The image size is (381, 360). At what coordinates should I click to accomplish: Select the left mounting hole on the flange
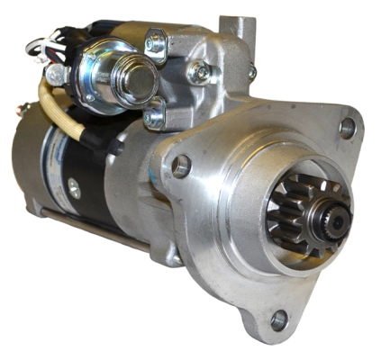pyautogui.click(x=181, y=166)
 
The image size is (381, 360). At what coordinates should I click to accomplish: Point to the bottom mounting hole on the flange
pyautogui.click(x=279, y=319)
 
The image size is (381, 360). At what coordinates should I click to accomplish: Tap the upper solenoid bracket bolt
pyautogui.click(x=155, y=40)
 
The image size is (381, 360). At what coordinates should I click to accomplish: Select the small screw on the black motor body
pyautogui.click(x=75, y=189)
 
